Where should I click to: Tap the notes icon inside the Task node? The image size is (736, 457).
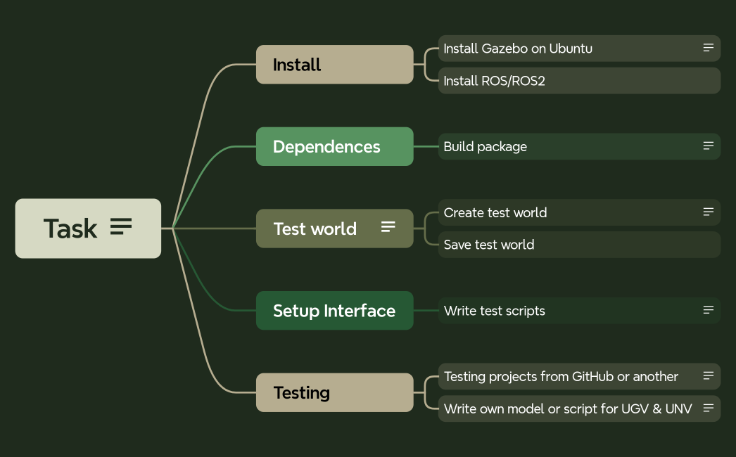tap(121, 227)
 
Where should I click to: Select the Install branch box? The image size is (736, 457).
tap(334, 65)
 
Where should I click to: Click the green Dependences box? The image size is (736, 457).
tap(334, 146)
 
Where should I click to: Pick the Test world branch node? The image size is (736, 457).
tap(315, 228)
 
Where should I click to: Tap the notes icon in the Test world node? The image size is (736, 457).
tap(388, 227)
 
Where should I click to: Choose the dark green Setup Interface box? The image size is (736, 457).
tap(334, 311)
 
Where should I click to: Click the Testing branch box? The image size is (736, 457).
tap(334, 392)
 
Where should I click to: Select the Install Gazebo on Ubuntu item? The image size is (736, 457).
tap(518, 49)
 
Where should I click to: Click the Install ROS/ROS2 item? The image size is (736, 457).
tap(495, 81)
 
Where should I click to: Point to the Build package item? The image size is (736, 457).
tap(486, 147)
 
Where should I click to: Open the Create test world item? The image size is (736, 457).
tap(495, 212)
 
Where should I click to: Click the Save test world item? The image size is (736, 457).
tap(489, 245)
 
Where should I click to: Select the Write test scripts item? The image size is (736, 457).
tap(495, 311)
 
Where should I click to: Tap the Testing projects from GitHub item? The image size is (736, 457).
tap(561, 377)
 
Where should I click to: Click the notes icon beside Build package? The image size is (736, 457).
tap(709, 146)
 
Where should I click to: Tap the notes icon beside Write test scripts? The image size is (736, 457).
tap(709, 310)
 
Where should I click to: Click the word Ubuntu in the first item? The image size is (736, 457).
tap(571, 49)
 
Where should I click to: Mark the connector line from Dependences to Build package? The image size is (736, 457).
tap(426, 146)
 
